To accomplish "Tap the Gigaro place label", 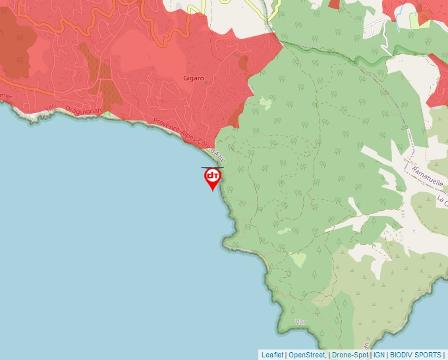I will [x=194, y=78].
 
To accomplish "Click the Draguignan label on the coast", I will [x=84, y=111].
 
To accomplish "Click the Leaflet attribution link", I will [x=272, y=355].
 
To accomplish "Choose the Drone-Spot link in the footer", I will [x=350, y=355].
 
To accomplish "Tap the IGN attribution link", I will [x=379, y=355].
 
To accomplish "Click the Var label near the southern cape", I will [x=302, y=321].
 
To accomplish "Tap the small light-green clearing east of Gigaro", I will [x=265, y=103].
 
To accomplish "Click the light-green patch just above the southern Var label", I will [x=298, y=259].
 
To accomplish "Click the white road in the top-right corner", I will [x=376, y=26].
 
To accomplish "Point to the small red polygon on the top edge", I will [x=334, y=4].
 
